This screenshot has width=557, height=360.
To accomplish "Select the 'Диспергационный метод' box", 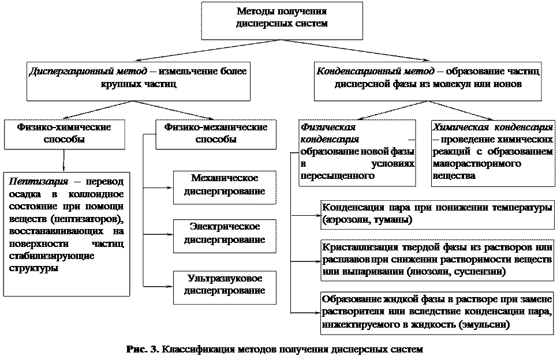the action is [x=138, y=78].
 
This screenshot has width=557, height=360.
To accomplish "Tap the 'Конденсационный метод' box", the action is [x=428, y=78].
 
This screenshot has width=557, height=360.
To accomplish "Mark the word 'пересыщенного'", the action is [x=334, y=176].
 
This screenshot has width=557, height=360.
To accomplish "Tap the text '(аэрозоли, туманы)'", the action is [x=366, y=220].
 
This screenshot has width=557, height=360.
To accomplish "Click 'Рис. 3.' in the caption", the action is [x=142, y=350].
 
